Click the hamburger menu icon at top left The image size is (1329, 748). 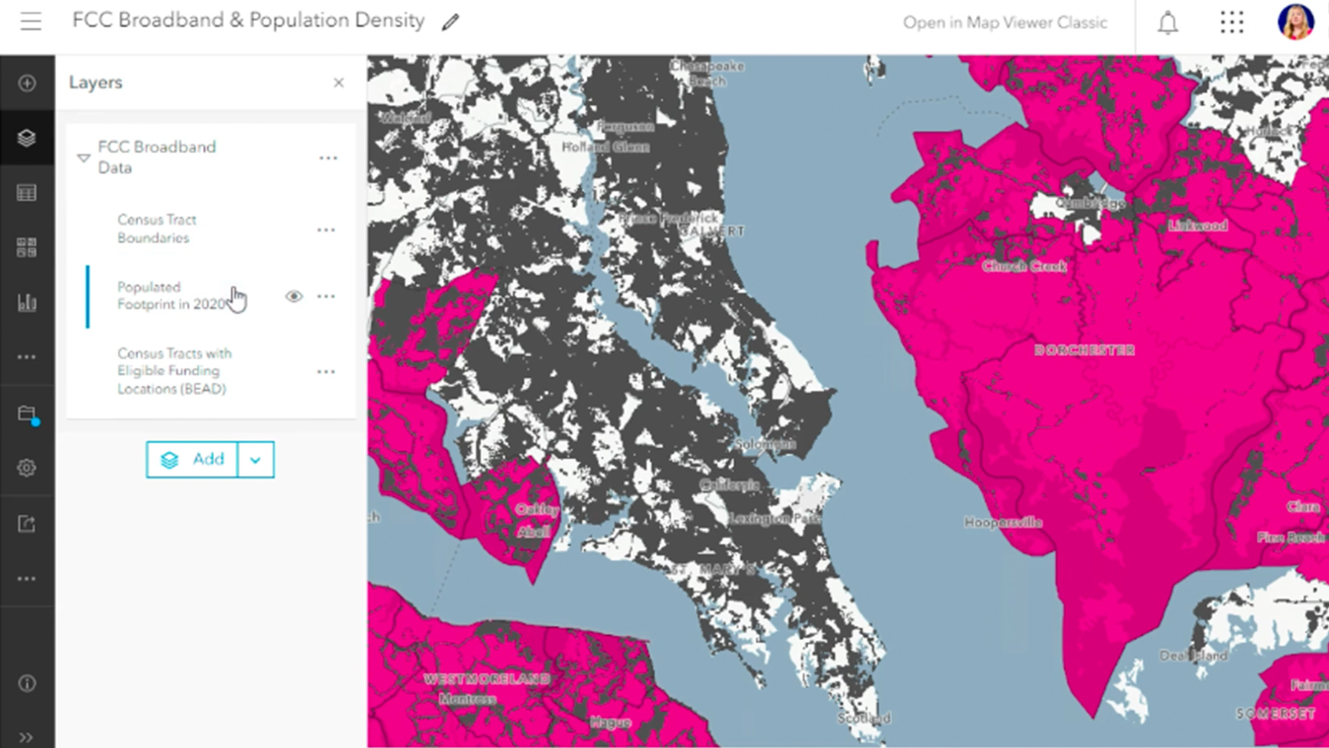[30, 22]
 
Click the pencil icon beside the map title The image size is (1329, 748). [450, 22]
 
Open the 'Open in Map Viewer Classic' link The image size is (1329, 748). [1005, 23]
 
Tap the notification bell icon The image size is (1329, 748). [1168, 23]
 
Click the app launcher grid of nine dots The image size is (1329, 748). [1231, 22]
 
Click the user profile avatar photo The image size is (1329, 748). [1295, 22]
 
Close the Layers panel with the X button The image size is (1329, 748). [338, 83]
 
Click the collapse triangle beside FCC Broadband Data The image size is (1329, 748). [83, 158]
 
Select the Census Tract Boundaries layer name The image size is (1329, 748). [157, 229]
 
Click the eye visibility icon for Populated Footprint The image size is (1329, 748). [294, 296]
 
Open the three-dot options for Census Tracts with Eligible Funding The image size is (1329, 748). [326, 372]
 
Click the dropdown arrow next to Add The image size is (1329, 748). [255, 460]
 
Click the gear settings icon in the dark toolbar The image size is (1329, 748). [27, 467]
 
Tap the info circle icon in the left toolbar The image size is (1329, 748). [27, 684]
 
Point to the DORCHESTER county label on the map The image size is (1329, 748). [1084, 350]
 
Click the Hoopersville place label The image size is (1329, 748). [1003, 522]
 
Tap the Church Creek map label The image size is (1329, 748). [1024, 267]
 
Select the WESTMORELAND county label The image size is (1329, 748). [486, 679]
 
